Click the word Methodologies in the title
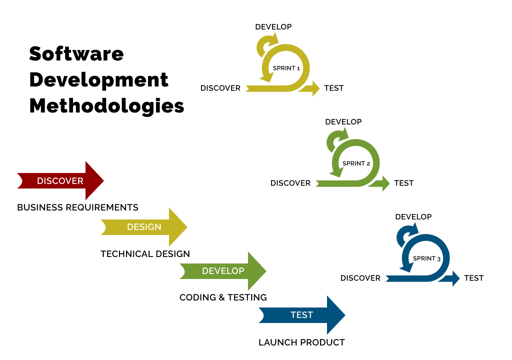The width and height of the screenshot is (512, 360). (106, 106)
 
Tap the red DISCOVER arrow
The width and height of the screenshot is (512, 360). (60, 181)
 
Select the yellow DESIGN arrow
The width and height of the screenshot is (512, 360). (144, 227)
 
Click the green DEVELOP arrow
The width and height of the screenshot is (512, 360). (223, 271)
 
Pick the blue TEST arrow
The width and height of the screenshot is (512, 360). (301, 315)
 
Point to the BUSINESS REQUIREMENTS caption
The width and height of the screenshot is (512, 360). (77, 207)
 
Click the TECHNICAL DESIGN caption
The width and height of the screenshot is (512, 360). (145, 254)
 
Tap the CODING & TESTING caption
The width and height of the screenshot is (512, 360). (223, 297)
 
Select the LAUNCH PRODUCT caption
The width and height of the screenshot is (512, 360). (301, 342)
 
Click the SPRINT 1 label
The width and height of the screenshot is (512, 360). (286, 68)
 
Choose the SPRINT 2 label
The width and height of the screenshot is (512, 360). (356, 163)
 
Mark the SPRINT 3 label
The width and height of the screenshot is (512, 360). (426, 258)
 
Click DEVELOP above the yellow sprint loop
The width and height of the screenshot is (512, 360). (273, 27)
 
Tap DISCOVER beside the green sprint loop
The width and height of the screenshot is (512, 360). (290, 183)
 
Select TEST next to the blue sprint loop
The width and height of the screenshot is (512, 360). (473, 278)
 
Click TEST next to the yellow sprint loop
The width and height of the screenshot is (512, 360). (333, 88)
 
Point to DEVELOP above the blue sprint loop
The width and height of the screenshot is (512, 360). (413, 217)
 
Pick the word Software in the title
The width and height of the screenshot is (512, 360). (76, 53)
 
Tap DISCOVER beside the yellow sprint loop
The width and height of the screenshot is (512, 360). (220, 88)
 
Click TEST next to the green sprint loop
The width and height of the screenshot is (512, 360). (403, 183)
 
